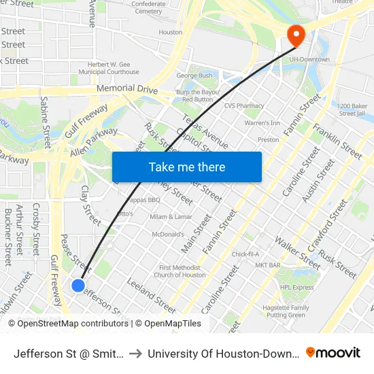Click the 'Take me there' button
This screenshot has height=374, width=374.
tap(186, 167)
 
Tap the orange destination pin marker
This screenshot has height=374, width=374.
tap(296, 35)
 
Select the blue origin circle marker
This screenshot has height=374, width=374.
tap(78, 286)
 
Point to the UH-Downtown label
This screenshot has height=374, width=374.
tap(309, 60)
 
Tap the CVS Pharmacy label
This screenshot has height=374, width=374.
tap(244, 106)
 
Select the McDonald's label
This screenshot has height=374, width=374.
tap(168, 235)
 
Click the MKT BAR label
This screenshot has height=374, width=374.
tap(266, 265)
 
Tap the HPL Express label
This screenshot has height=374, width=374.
tap(297, 287)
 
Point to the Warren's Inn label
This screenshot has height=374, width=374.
tap(262, 123)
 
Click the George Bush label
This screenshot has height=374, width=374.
tap(194, 75)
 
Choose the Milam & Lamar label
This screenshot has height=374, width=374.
tap(171, 216)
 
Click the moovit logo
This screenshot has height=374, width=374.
tap(333, 352)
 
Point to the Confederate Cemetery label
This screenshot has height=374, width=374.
tap(148, 7)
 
